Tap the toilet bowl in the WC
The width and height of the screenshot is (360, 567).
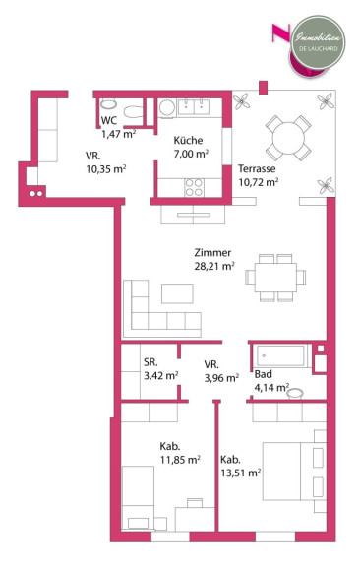click(x=134, y=112)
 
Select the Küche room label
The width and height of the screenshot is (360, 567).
click(x=188, y=141)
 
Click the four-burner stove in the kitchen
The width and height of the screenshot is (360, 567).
click(x=194, y=187)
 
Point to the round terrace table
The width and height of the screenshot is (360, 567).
click(x=288, y=138)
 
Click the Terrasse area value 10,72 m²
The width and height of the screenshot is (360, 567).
click(x=258, y=182)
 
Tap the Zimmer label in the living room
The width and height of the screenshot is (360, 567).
click(x=212, y=252)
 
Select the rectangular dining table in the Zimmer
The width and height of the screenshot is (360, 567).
click(x=275, y=278)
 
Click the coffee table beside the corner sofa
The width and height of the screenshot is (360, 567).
click(x=177, y=294)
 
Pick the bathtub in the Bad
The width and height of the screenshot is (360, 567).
click(x=280, y=355)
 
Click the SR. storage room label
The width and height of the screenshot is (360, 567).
click(x=150, y=362)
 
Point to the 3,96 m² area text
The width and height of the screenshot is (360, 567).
click(x=221, y=378)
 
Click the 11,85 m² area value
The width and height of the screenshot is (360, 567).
click(x=180, y=460)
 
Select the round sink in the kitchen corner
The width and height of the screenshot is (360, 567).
click(x=167, y=108)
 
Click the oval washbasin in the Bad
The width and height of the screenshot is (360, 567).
click(x=296, y=394)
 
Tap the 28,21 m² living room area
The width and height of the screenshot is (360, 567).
click(x=214, y=266)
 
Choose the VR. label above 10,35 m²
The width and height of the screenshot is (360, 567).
click(x=92, y=156)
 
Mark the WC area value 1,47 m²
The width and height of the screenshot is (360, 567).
click(x=119, y=134)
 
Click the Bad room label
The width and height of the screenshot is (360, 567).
click(x=264, y=374)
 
